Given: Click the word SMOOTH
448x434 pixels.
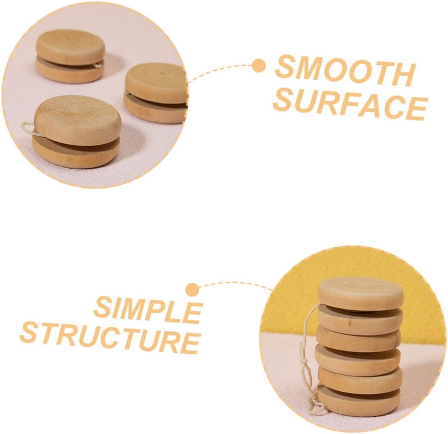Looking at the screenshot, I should [x=345, y=71].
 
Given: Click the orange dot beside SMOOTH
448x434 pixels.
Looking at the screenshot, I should [x=259, y=66].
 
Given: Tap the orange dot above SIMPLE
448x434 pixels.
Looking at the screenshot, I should [x=192, y=290].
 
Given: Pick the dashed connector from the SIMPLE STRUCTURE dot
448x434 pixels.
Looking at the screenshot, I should [x=234, y=284].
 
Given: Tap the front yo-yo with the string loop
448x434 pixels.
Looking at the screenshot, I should [x=77, y=132].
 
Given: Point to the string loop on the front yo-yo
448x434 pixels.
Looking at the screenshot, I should [x=29, y=128].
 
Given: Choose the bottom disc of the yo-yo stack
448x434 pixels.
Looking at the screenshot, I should [x=359, y=400].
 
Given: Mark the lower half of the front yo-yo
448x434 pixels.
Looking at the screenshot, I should [x=76, y=152].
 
